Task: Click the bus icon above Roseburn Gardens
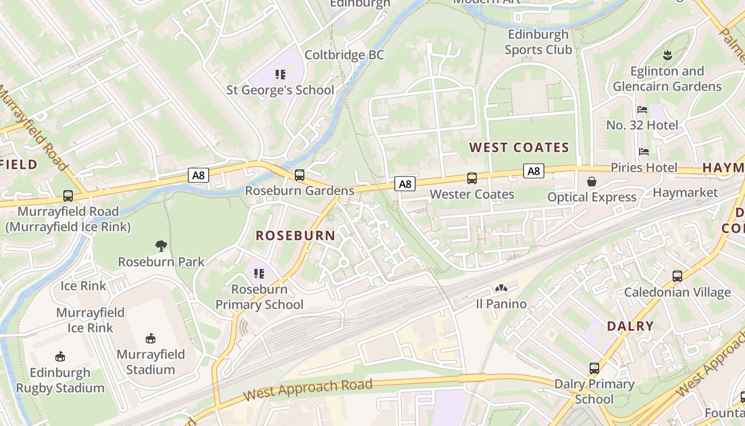(x=300, y=175)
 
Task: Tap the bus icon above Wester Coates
(x=472, y=178)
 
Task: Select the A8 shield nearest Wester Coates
(x=405, y=184)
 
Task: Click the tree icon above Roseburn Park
(x=161, y=245)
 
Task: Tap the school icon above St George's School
(x=280, y=75)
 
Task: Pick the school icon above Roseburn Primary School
(x=259, y=274)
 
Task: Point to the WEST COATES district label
(x=519, y=148)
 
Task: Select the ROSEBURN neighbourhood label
(x=295, y=235)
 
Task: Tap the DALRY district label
(x=631, y=326)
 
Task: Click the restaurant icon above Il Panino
(x=501, y=289)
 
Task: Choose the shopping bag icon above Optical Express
(x=592, y=182)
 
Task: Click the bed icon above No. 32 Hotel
(x=642, y=110)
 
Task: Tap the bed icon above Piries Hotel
(x=644, y=152)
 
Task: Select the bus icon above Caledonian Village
(x=677, y=276)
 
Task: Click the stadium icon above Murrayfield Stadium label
(x=151, y=339)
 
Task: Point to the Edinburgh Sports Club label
(x=538, y=42)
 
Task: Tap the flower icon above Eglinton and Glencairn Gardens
(x=666, y=55)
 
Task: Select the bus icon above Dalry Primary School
(x=594, y=368)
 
